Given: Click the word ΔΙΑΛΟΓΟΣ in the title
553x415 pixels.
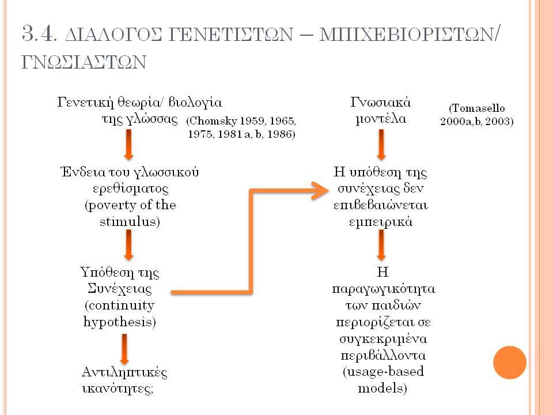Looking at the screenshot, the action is click(114, 34).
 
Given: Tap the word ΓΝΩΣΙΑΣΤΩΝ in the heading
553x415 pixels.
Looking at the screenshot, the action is click(84, 62).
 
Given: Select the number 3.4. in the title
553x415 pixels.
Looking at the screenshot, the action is click(39, 34).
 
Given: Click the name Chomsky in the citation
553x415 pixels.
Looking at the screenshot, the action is click(213, 121).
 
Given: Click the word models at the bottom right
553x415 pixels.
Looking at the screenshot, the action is click(380, 388).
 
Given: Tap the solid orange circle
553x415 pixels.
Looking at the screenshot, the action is click(510, 363).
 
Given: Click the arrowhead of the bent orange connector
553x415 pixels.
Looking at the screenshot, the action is click(320, 191).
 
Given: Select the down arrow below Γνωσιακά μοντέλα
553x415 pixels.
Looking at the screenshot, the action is click(381, 145).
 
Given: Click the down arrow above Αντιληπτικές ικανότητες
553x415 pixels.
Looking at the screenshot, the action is click(124, 349).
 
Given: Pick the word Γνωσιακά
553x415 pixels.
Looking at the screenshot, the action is click(381, 103).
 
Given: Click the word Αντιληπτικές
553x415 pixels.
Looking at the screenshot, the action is click(124, 372).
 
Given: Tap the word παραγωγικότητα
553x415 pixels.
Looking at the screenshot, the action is click(384, 289).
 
